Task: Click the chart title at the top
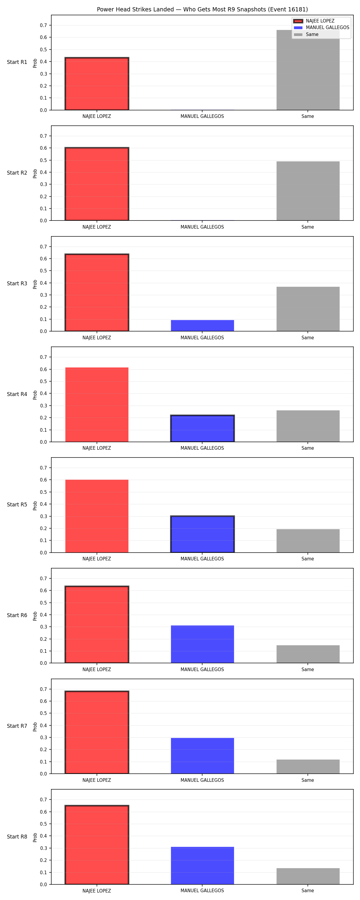pyautogui.click(x=202, y=9)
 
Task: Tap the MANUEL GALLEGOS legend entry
pyautogui.click(x=322, y=28)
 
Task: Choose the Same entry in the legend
pyautogui.click(x=306, y=34)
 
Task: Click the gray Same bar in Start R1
pyautogui.click(x=308, y=70)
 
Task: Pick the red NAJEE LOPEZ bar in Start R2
pyautogui.click(x=97, y=184)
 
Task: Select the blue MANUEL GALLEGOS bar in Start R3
pyautogui.click(x=202, y=325)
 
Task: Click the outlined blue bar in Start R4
pyautogui.click(x=202, y=429)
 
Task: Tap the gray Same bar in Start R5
pyautogui.click(x=308, y=541)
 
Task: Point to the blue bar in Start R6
pyautogui.click(x=202, y=644)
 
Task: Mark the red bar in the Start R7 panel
pyautogui.click(x=97, y=732)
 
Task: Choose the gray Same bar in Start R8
pyautogui.click(x=308, y=876)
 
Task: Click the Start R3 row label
pyautogui.click(x=17, y=283)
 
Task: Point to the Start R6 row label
pyautogui.click(x=17, y=615)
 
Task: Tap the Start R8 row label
pyautogui.click(x=17, y=836)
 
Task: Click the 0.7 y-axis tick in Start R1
pyautogui.click(x=43, y=25)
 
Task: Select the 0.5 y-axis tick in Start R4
pyautogui.click(x=43, y=381)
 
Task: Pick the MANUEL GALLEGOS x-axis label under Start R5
pyautogui.click(x=202, y=559)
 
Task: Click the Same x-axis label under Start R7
pyautogui.click(x=308, y=780)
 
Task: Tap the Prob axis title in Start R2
pyautogui.click(x=35, y=174)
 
